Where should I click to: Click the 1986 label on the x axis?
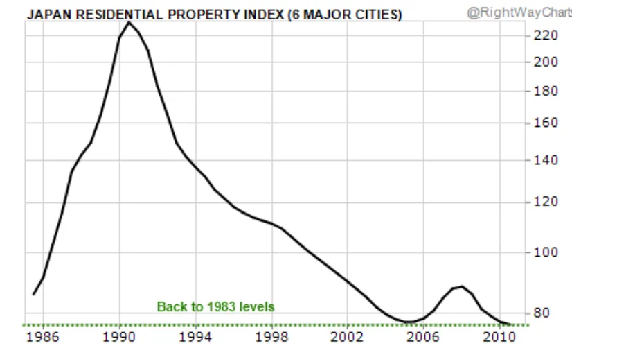(42, 337)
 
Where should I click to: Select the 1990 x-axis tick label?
(119, 337)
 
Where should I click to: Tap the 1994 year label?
(195, 337)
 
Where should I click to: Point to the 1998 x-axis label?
(271, 337)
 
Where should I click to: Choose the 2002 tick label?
(347, 337)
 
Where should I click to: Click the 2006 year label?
(423, 337)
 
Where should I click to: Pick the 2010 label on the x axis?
(499, 337)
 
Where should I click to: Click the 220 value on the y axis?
(546, 35)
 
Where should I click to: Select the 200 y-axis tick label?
(546, 62)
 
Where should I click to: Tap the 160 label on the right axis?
(546, 123)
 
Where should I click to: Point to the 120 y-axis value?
(546, 201)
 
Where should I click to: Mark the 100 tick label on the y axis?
(546, 252)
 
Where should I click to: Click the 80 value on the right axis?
(542, 313)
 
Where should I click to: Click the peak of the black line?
(129, 22)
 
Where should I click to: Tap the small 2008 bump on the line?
(461, 286)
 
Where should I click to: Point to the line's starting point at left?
(34, 294)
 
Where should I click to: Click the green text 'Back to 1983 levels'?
(215, 306)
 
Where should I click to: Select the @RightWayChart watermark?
(519, 12)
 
